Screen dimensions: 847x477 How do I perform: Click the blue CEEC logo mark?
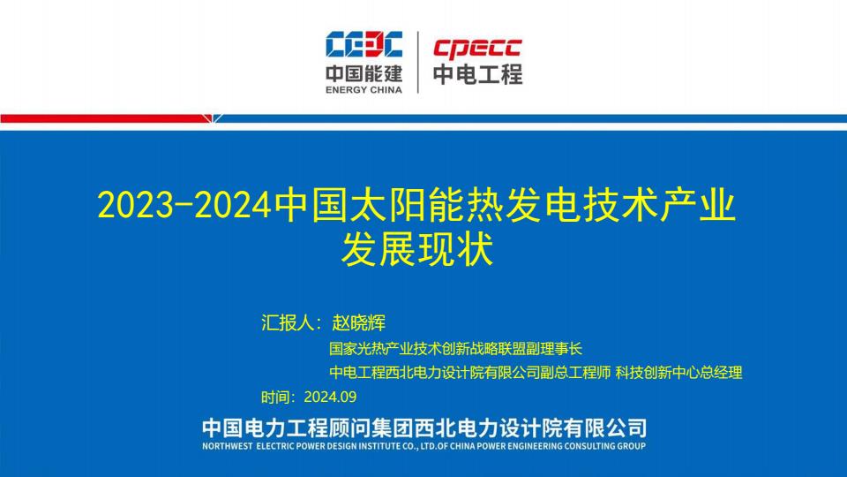point(364,44)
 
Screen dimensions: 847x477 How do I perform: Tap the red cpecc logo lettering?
point(477,49)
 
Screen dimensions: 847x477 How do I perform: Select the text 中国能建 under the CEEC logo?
point(364,73)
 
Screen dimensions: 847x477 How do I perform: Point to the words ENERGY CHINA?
point(364,90)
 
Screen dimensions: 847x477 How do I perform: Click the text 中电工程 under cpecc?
point(477,74)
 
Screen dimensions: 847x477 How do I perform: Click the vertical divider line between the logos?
point(417,62)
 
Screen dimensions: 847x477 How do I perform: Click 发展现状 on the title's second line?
point(417,249)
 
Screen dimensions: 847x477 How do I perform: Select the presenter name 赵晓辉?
point(359,323)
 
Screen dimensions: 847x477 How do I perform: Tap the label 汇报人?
point(288,323)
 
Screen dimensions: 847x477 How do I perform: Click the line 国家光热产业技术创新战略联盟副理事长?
point(455,349)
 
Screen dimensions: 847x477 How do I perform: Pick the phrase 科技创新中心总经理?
point(678,373)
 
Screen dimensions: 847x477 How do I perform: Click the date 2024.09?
point(330,397)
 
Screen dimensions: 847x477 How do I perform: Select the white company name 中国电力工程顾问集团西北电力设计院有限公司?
point(424,428)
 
